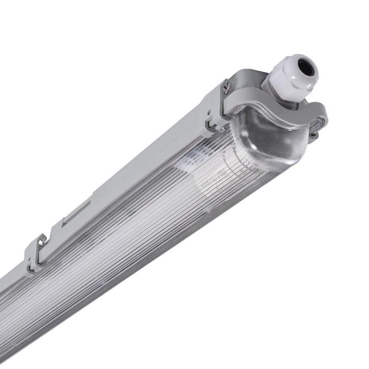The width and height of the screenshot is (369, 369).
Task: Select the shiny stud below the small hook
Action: pyautogui.click(x=222, y=130)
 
